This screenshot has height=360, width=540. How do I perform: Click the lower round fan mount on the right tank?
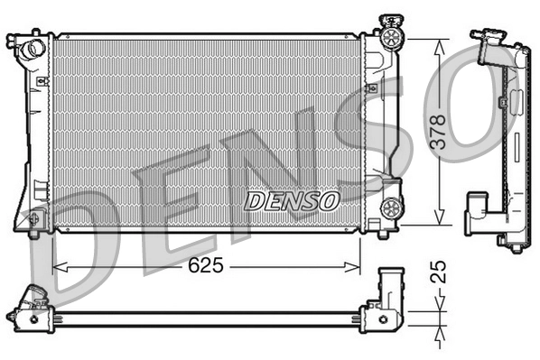[392, 208]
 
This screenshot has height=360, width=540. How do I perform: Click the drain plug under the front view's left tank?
[34, 235]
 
